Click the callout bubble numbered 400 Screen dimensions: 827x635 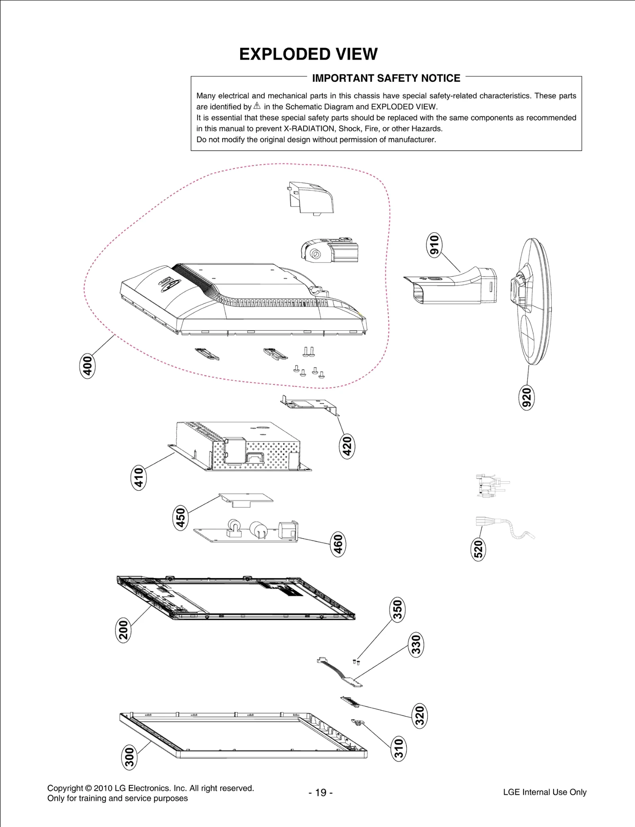(x=87, y=366)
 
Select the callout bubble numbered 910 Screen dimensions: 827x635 (x=434, y=245)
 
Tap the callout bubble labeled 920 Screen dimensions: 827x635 (x=527, y=397)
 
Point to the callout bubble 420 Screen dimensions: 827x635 (x=347, y=446)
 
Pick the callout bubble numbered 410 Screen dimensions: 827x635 (x=139, y=478)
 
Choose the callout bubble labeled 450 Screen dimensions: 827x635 (x=181, y=518)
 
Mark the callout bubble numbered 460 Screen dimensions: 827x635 (x=338, y=544)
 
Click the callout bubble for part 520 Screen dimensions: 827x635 (x=478, y=549)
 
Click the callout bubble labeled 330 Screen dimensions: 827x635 (x=416, y=645)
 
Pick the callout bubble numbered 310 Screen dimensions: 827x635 (x=399, y=749)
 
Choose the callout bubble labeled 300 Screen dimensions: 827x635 (x=129, y=757)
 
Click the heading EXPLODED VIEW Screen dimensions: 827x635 (x=308, y=54)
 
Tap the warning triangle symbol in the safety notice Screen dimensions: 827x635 (x=257, y=106)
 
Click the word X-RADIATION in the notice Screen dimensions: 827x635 (x=309, y=129)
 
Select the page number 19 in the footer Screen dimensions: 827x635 (x=320, y=792)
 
